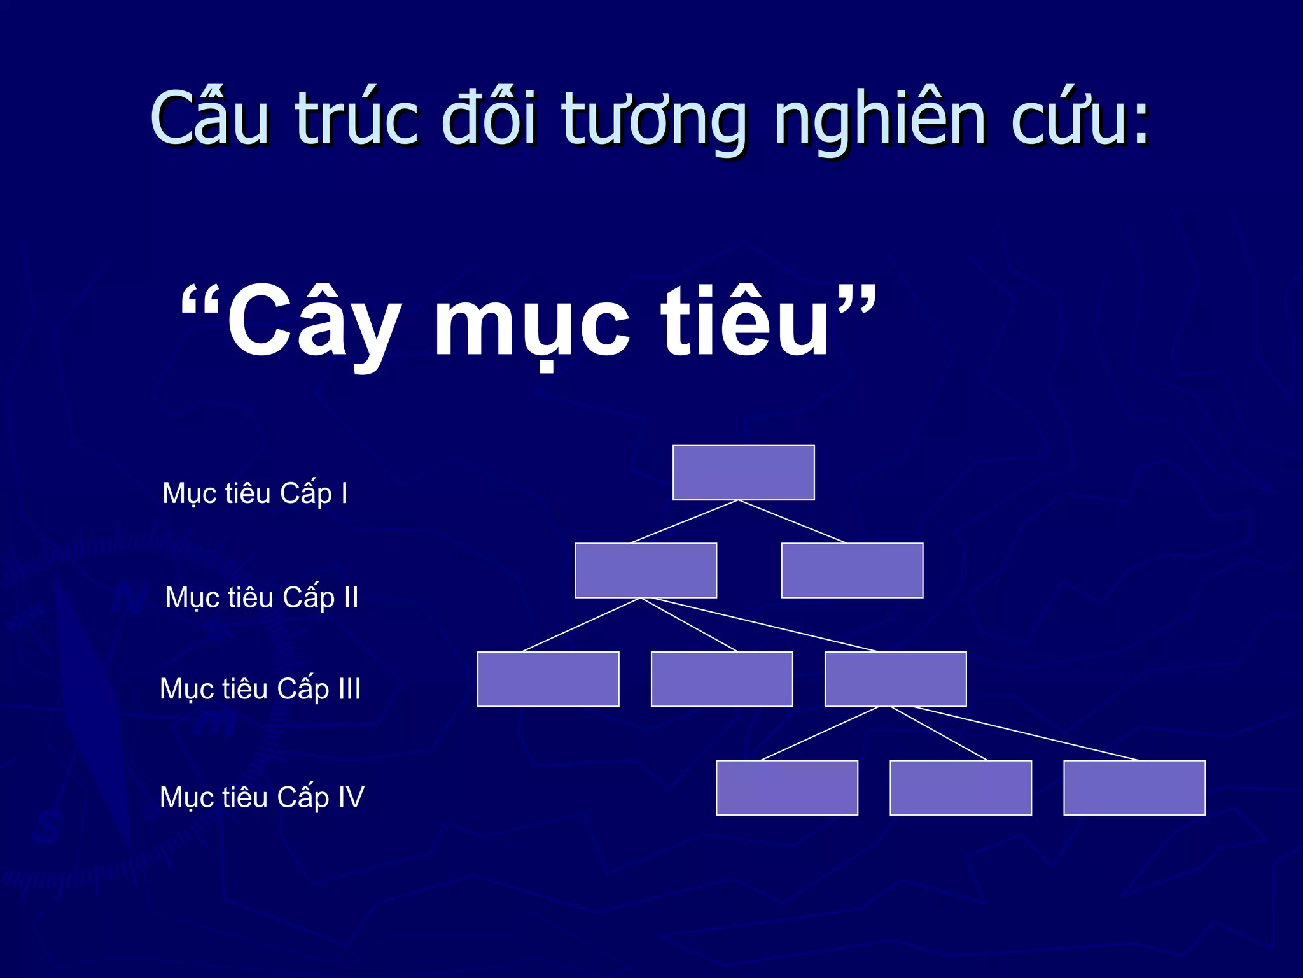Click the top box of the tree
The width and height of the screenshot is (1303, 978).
(x=743, y=472)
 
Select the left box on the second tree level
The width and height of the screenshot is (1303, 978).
(x=646, y=570)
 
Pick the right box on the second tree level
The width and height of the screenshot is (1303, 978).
(x=852, y=570)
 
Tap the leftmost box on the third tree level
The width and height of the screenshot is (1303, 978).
(x=548, y=679)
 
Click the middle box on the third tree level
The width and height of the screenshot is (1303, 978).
(x=721, y=679)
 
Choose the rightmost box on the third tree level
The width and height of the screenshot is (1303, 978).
(x=895, y=679)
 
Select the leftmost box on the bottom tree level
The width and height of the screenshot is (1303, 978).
(x=787, y=788)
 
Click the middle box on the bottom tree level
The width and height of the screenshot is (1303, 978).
(x=961, y=788)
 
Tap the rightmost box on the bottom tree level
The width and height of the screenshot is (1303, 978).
(x=1134, y=788)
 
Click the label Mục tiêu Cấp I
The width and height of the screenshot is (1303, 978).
(x=255, y=493)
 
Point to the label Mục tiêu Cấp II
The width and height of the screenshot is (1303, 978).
(x=261, y=597)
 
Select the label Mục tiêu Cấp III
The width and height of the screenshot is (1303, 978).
(x=260, y=689)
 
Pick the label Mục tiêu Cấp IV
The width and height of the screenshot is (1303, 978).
(x=261, y=797)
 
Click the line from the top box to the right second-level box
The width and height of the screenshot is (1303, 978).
(x=793, y=521)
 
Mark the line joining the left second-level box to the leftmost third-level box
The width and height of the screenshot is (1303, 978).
(x=581, y=625)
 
